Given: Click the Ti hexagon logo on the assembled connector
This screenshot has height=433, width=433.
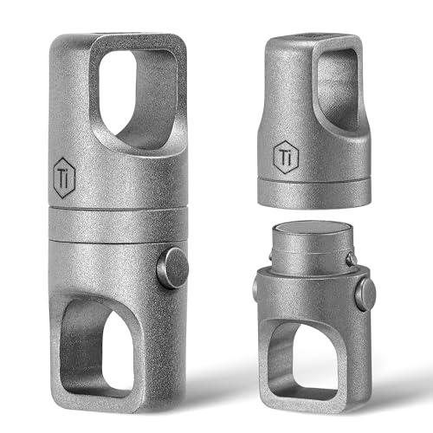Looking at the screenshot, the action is pos(64,178).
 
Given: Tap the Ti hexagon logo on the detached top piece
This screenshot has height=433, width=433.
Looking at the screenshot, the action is pos(286,157).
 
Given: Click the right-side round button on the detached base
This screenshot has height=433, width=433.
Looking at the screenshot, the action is pos(365,294).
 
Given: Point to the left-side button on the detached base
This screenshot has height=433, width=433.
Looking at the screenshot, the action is pos(255,288).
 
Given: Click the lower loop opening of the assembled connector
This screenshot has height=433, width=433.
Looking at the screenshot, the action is pos(97,349).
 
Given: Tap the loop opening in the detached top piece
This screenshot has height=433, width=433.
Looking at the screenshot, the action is pos(338,89).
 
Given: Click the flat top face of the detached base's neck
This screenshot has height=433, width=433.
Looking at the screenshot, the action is pos(313,228).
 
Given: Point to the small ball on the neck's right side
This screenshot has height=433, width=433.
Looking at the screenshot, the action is pos(351,259).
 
